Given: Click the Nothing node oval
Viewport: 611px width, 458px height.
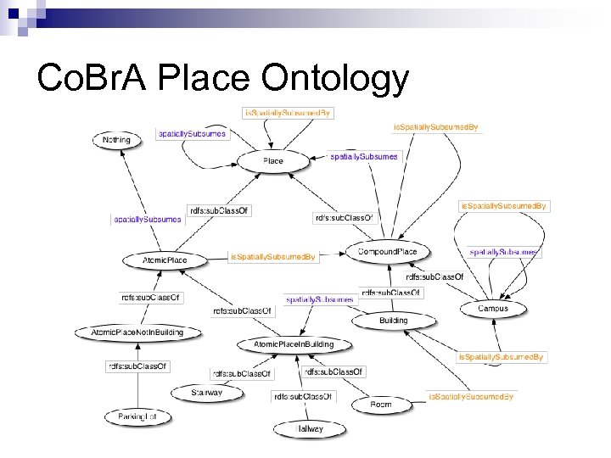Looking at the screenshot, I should coord(116,140).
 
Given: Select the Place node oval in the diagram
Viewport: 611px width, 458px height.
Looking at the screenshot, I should coord(272,160).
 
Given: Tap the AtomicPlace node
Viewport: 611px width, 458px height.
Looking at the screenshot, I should coord(166,260).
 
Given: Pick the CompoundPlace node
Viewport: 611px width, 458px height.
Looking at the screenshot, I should coord(388,253).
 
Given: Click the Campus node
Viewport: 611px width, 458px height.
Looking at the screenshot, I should coord(493,309).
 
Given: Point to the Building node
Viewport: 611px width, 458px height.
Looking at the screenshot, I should coord(394,321).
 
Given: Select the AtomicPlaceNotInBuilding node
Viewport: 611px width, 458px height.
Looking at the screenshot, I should coord(137,332).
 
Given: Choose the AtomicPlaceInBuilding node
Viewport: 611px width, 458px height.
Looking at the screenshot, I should coord(294,344).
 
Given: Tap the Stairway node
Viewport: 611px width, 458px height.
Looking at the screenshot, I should coord(208,393).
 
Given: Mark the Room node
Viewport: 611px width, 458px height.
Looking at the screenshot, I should coord(381,405).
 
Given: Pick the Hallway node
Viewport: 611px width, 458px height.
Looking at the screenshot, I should coord(309,429).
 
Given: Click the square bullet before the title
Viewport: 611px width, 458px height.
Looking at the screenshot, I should coord(16,79).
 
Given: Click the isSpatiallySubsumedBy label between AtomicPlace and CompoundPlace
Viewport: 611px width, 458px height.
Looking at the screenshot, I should coord(273,256).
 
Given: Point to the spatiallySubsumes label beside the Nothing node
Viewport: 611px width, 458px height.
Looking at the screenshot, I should coord(193,134).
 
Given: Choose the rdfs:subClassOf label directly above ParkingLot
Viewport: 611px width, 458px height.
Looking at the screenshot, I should coord(137,366).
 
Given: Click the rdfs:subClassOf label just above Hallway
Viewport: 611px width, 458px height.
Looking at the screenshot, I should coord(304,396).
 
